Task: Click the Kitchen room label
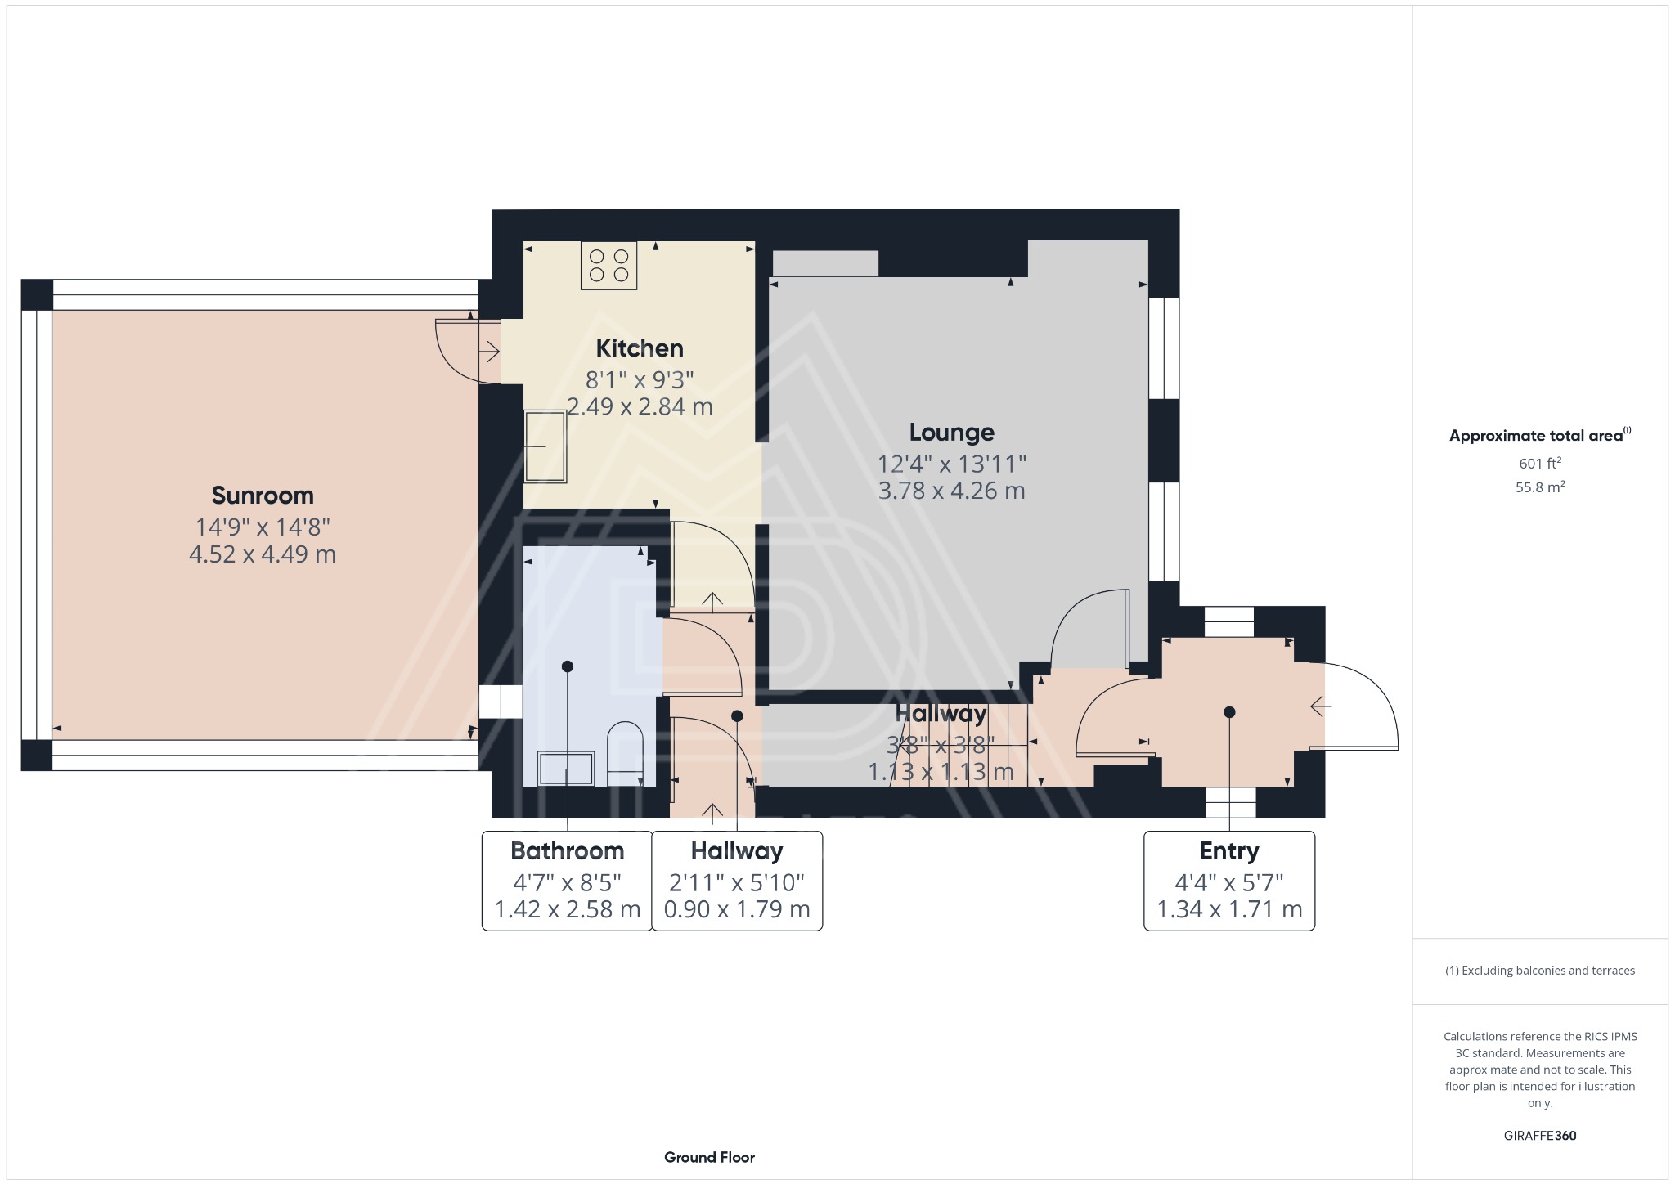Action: coord(639,348)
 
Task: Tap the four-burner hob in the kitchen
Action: coord(608,266)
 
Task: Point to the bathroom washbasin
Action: coord(566,768)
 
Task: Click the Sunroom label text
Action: coord(262,496)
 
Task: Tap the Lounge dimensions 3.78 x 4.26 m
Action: coord(951,491)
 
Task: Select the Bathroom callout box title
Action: coord(567,851)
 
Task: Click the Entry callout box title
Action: coord(1228,851)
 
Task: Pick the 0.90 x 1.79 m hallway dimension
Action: coord(736,909)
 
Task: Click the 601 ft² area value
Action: coord(1540,464)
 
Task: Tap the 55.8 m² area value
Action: coord(1540,487)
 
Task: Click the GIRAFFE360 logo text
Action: coord(1540,1136)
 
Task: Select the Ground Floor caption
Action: coord(709,1157)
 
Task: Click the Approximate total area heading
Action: coord(1537,436)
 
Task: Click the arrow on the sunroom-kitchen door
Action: coord(489,352)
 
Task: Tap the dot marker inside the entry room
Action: coord(1228,712)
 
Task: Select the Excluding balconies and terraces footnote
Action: coord(1540,971)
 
